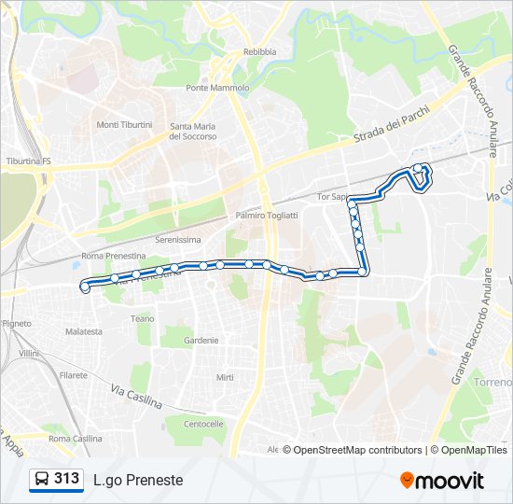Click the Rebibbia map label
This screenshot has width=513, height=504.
(259, 52)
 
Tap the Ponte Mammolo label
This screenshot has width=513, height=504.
(217, 88)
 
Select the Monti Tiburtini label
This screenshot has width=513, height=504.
(124, 125)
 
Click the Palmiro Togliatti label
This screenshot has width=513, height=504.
(267, 215)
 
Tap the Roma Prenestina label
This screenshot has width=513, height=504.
(114, 256)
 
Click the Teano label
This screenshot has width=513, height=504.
(143, 318)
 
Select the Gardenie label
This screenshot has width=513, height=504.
(201, 341)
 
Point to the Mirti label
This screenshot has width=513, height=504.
(225, 377)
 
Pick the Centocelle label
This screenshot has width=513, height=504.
(203, 424)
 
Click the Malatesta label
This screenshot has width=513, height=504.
(84, 331)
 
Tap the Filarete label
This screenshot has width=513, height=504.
(74, 375)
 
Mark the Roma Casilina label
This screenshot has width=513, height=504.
(76, 439)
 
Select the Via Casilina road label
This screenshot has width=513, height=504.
(136, 398)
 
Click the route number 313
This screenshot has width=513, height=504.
(66, 479)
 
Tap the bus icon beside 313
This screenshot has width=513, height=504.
(42, 480)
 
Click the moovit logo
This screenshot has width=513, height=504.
(442, 481)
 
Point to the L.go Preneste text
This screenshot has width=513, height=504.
(138, 480)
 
